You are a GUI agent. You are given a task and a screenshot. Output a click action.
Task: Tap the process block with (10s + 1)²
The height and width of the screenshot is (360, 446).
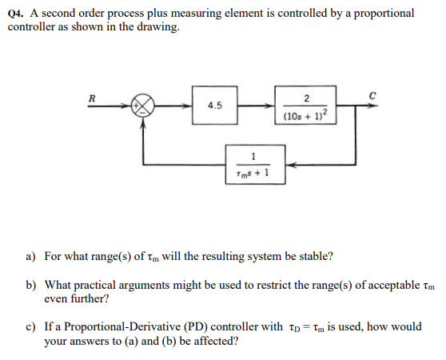pyautogui.click(x=305, y=106)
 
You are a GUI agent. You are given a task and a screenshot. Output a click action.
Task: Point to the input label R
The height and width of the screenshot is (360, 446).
pyautogui.click(x=92, y=94)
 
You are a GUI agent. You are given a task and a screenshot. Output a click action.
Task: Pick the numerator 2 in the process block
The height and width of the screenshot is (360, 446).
pyautogui.click(x=305, y=98)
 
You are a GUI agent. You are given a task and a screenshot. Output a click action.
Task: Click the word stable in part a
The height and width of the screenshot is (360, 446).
pyautogui.click(x=314, y=257)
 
